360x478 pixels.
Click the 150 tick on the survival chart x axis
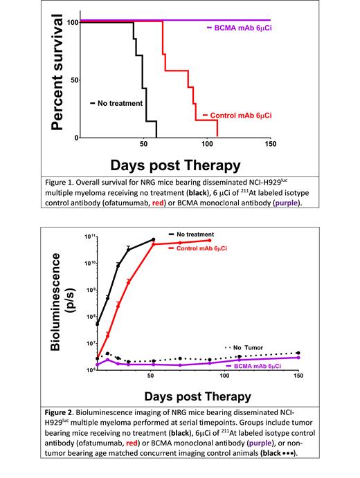coord(270,145)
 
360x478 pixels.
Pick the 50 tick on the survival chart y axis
coord(74,80)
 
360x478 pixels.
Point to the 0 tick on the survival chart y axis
coord(76,138)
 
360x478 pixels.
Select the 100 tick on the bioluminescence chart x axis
coord(224,376)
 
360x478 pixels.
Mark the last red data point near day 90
coord(209,240)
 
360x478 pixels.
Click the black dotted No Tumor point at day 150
coord(298,353)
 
